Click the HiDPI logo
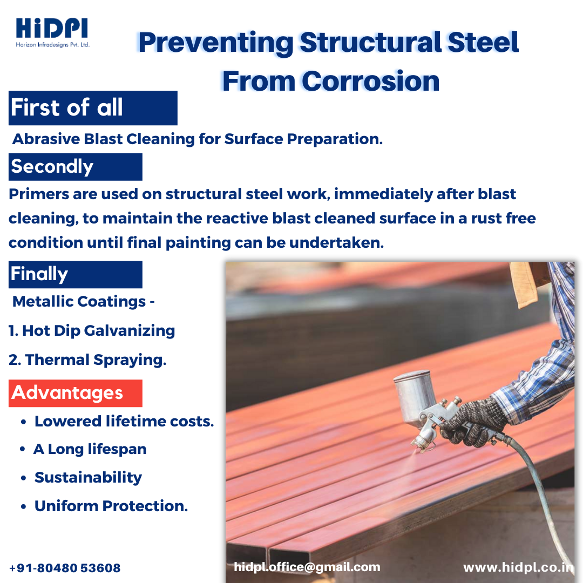point(52,33)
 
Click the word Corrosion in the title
point(370,80)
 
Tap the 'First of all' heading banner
point(93,108)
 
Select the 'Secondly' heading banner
point(76,167)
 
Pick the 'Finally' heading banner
point(76,274)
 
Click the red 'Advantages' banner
point(76,393)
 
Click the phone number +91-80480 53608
point(65,568)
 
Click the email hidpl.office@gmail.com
point(307,567)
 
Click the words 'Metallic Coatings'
point(79,302)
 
